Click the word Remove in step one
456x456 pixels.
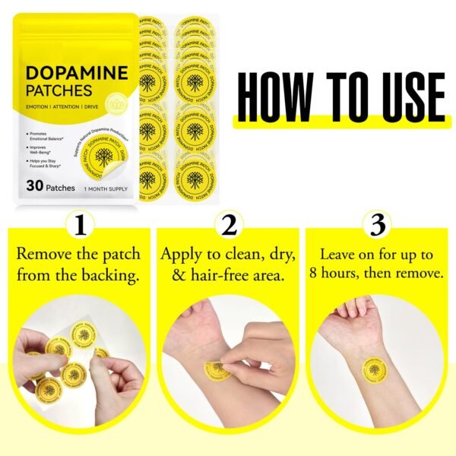(43, 254)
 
